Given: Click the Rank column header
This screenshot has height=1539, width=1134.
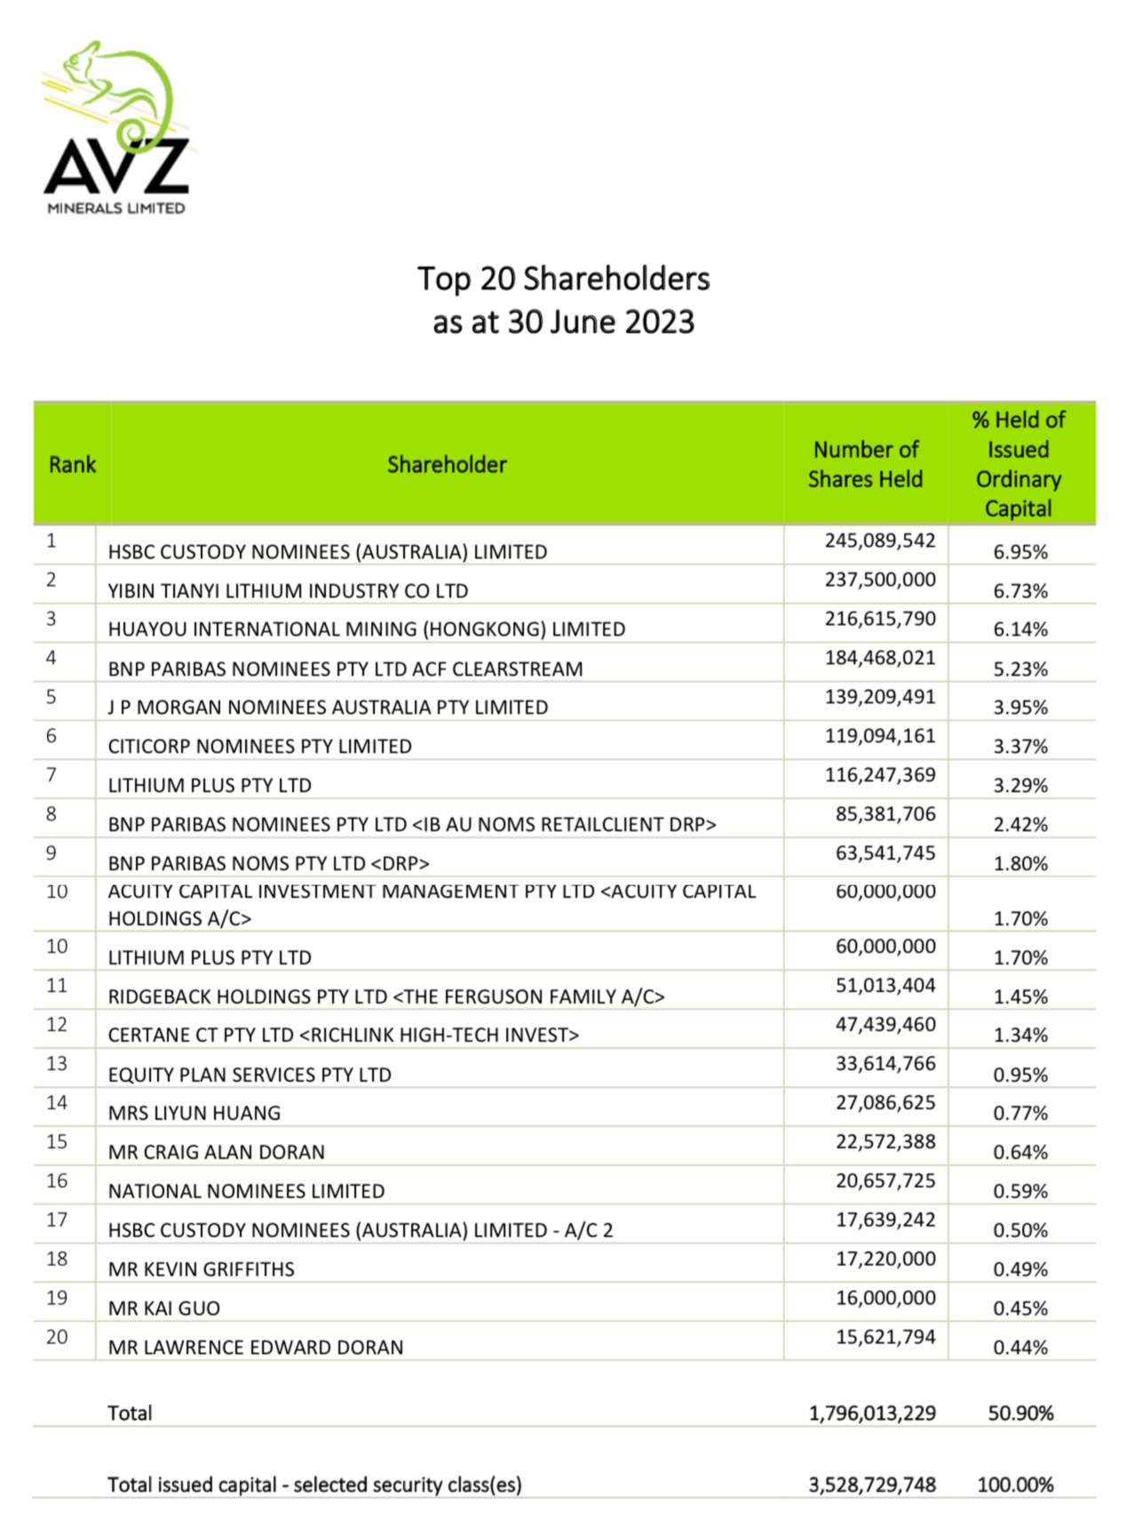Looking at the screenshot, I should click(72, 464).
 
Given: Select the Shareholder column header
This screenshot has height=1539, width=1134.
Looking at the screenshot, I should click(447, 464).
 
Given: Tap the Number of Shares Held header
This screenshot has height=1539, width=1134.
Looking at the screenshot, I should click(865, 464).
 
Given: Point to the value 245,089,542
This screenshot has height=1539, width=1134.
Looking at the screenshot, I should click(879, 541).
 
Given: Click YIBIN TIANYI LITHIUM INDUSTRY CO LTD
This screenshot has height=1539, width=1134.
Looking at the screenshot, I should click(288, 591).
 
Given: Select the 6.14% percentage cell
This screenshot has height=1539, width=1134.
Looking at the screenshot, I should click(1020, 630).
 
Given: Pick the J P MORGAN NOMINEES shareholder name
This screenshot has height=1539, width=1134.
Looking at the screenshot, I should click(328, 708).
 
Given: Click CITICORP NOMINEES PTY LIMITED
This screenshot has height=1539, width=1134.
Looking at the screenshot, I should click(259, 747).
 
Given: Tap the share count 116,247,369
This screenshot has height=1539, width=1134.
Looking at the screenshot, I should click(879, 775).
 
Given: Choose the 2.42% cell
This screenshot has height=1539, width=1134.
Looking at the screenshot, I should click(1020, 825).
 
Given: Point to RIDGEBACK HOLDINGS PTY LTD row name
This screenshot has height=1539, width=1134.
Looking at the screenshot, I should click(386, 997).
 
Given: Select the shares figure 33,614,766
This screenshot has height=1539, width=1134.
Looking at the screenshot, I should click(884, 1064).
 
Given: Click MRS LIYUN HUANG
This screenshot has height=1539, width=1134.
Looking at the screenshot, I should click(194, 1114).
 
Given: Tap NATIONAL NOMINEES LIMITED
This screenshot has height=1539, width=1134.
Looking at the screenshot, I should click(246, 1192).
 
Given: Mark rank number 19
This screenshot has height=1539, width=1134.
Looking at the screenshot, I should click(57, 1298).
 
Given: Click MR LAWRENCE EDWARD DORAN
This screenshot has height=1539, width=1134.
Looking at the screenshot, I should click(256, 1348).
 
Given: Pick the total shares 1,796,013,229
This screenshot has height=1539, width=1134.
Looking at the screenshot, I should click(871, 1414).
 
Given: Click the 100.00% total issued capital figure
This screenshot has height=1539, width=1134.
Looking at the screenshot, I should click(1015, 1485).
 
